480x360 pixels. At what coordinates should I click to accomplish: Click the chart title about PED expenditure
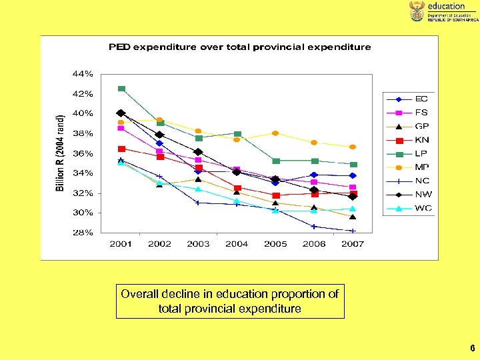(240, 47)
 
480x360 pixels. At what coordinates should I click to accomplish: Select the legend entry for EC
(413, 99)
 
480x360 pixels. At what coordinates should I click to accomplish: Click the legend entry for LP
(413, 153)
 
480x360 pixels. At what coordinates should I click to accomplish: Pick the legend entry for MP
(413, 167)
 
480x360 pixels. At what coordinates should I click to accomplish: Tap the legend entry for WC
(413, 208)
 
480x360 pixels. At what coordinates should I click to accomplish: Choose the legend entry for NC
(413, 181)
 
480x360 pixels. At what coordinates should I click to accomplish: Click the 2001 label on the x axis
(121, 244)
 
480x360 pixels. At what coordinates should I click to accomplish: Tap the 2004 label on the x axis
(237, 244)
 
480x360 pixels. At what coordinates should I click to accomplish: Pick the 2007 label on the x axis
(353, 244)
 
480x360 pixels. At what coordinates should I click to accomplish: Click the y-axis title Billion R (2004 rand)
(60, 153)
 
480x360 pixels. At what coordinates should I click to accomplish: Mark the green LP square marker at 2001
(121, 89)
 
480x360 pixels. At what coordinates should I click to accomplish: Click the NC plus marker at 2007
(353, 231)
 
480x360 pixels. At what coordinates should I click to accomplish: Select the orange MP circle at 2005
(275, 133)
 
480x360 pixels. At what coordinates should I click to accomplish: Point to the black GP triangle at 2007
(353, 217)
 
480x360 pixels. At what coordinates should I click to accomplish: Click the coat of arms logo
(417, 11)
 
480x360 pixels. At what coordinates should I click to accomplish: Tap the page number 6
(472, 348)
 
